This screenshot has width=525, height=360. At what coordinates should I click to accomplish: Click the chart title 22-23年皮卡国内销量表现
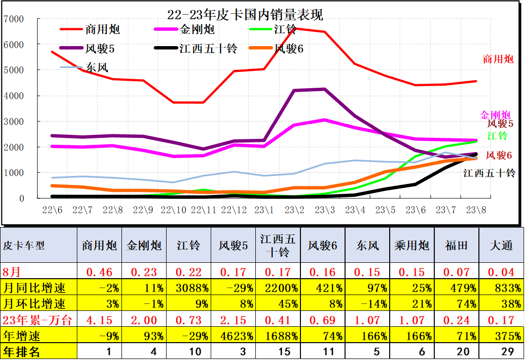(245, 15)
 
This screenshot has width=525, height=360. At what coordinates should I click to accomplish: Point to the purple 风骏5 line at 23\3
(325, 89)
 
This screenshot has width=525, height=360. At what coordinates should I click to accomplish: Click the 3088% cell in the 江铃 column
(188, 288)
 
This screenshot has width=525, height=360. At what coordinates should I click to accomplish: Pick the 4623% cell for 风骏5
(233, 336)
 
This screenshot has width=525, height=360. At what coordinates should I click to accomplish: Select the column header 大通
(501, 245)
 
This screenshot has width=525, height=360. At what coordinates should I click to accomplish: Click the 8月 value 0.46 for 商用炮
(99, 272)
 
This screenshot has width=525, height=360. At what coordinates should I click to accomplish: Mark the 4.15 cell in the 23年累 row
(99, 320)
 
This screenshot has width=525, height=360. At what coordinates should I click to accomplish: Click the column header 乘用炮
(411, 245)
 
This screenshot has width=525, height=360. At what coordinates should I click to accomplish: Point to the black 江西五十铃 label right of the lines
(489, 173)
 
